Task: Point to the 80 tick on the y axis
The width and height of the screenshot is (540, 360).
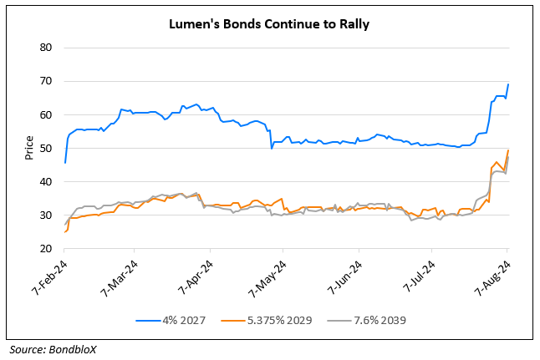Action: point(47,48)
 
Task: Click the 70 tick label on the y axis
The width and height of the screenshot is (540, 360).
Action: point(47,81)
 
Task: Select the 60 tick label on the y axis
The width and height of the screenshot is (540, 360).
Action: point(47,114)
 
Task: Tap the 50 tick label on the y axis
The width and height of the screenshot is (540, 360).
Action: point(47,149)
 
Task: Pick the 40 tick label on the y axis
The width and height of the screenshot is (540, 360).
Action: point(47,182)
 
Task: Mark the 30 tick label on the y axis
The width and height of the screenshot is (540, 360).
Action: point(47,215)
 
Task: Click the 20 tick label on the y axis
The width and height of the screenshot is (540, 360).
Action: point(47,249)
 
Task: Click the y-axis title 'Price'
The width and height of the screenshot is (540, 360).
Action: point(29,149)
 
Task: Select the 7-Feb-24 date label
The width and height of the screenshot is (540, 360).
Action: point(48,274)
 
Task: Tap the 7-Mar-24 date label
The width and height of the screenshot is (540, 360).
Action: point(121,274)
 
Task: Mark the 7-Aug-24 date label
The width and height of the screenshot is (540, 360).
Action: point(492,274)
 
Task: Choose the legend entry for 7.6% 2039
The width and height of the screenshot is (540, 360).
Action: point(371,321)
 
